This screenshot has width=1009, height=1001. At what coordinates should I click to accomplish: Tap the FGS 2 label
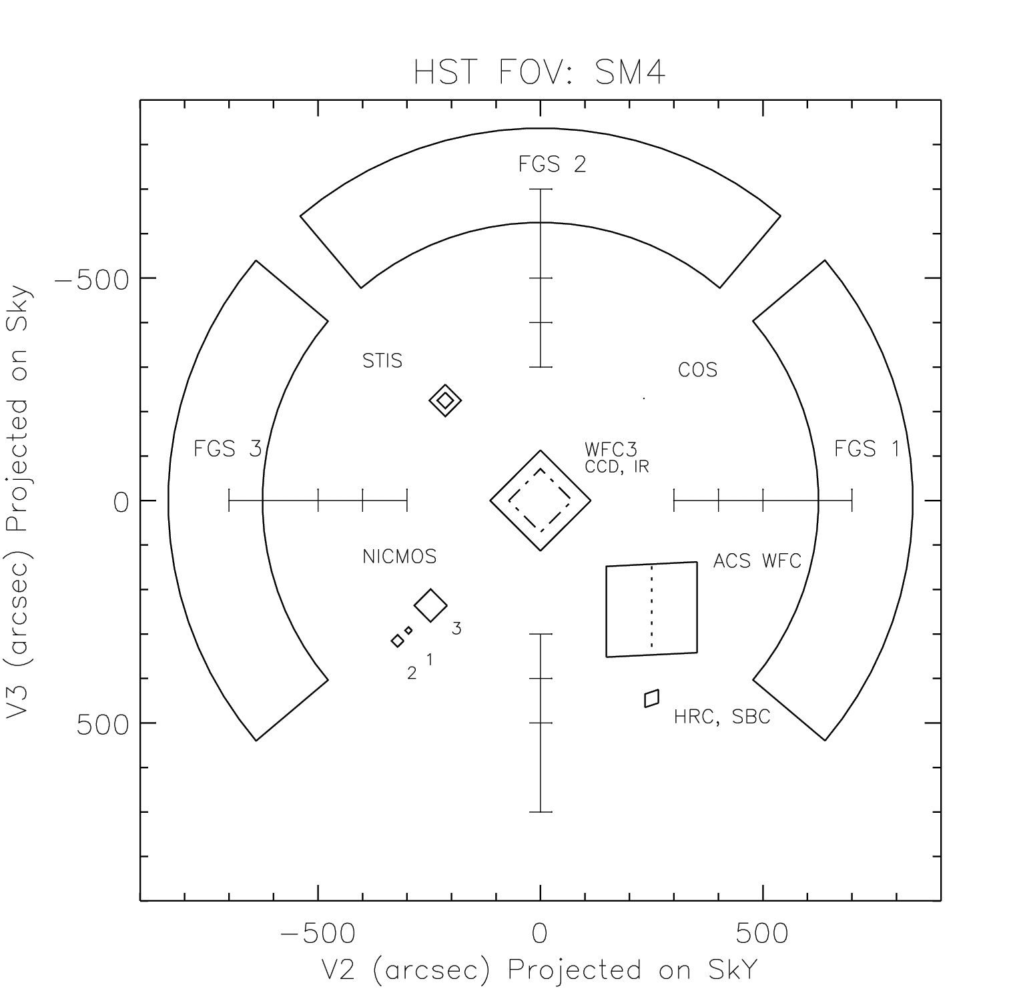click(x=552, y=164)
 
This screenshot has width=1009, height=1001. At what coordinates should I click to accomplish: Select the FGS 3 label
click(x=228, y=448)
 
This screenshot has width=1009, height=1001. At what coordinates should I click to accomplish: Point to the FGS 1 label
click(x=867, y=448)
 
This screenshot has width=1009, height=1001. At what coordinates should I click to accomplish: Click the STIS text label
click(x=382, y=361)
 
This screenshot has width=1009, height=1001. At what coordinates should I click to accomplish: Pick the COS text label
click(x=697, y=370)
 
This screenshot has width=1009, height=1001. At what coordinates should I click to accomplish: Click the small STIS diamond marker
click(x=445, y=400)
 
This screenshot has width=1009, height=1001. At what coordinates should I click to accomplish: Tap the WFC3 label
click(x=611, y=450)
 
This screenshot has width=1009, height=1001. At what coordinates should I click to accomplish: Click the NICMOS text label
click(x=399, y=557)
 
